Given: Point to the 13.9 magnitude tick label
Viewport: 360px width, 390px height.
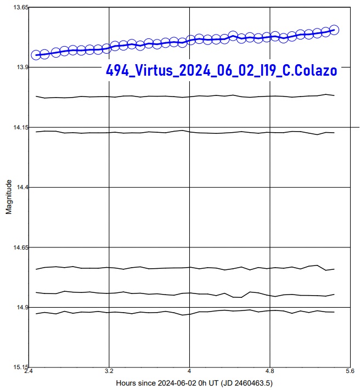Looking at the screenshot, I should tap(22, 67).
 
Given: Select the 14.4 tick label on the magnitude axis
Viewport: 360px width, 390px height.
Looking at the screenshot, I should tap(22, 188).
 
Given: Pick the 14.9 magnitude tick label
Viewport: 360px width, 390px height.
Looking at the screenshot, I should tap(22, 308).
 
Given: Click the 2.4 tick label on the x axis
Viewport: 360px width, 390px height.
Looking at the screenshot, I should tap(30, 371).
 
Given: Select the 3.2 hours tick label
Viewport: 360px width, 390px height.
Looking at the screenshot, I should tap(110, 371).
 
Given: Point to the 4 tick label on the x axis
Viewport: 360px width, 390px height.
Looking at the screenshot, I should tap(189, 371).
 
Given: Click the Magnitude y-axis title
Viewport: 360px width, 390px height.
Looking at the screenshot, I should tap(9, 196).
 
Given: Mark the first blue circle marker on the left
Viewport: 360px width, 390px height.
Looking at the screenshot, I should tap(36, 55).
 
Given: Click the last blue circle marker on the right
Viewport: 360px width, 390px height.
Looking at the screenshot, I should tap(334, 30).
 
